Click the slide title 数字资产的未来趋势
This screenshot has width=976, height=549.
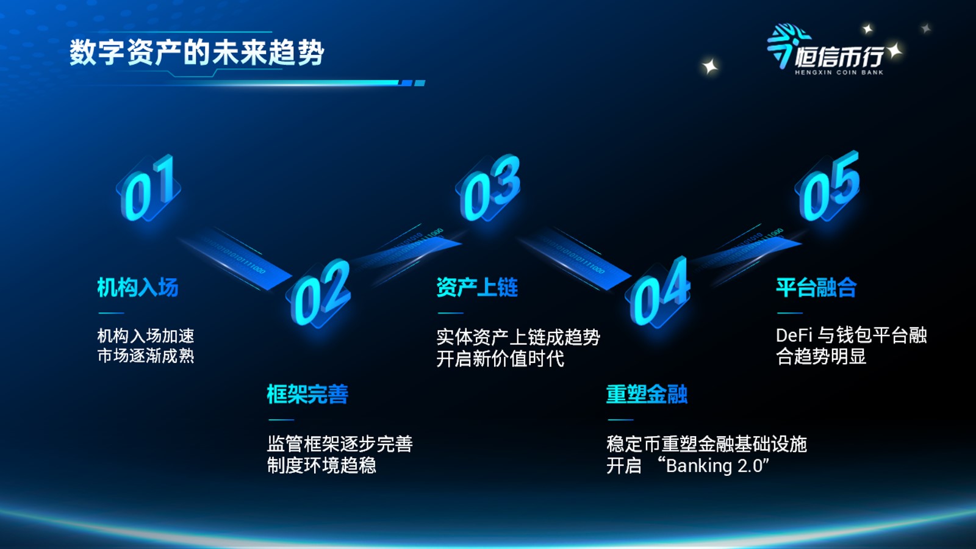(196, 53)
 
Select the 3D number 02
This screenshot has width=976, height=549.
(320, 292)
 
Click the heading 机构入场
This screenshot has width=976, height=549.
(138, 287)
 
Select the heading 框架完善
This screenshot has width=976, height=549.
(307, 394)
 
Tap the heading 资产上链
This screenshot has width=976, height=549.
(477, 287)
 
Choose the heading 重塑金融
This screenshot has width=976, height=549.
(647, 394)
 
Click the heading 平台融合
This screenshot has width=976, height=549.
(817, 287)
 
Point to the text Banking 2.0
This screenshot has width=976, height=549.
(714, 466)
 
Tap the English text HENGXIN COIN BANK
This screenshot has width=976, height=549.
(839, 73)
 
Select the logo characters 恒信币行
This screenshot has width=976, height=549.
(839, 56)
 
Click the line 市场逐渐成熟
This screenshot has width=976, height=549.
(146, 356)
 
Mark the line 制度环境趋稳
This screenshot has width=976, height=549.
(321, 465)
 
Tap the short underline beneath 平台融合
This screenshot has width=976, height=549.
(789, 313)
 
